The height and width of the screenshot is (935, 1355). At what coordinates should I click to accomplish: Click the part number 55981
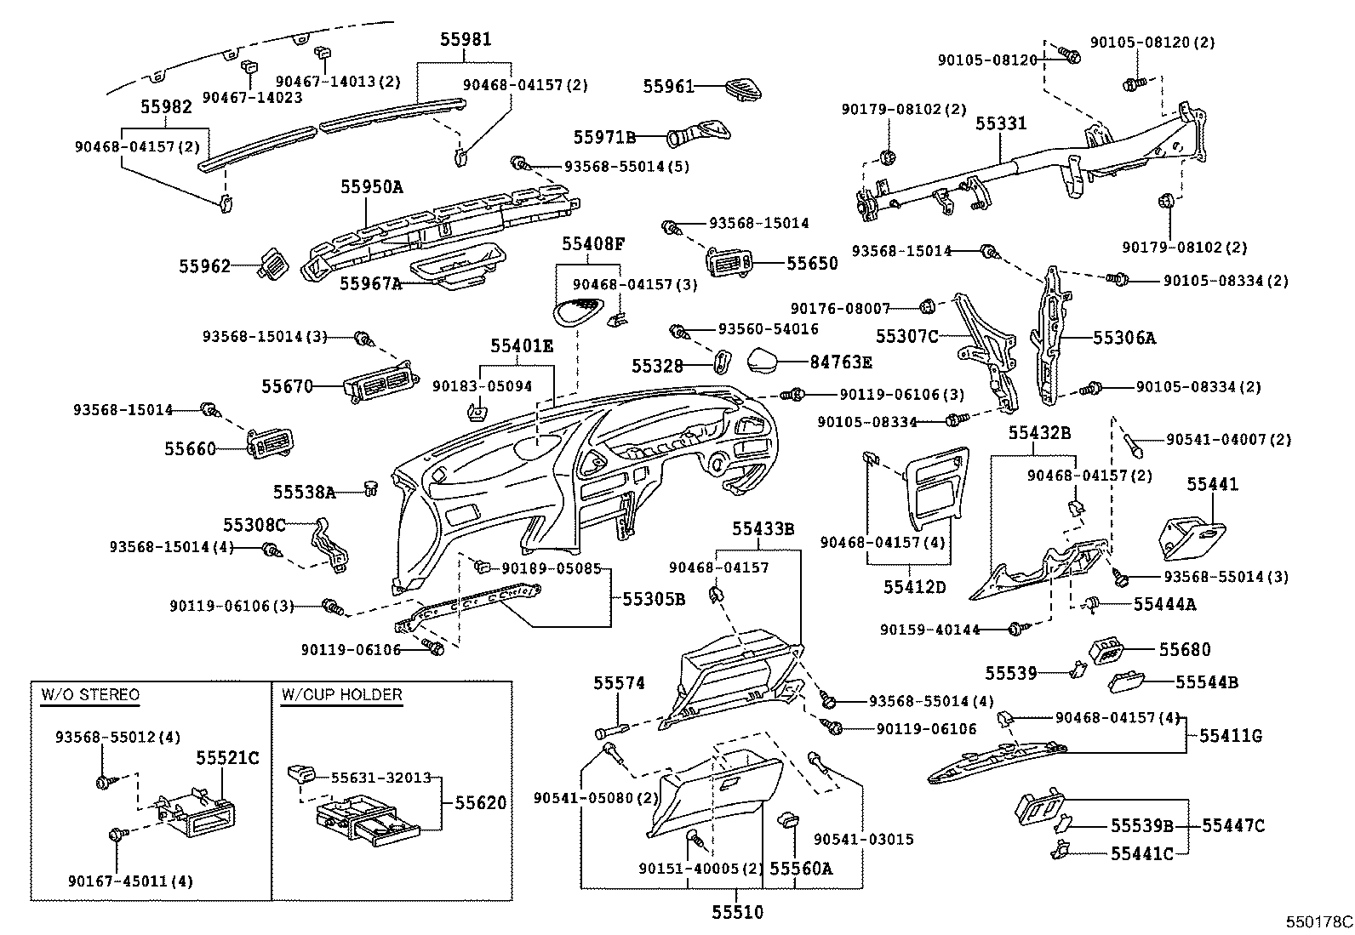[466, 40]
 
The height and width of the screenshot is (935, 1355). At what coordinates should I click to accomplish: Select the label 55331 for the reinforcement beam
[1001, 123]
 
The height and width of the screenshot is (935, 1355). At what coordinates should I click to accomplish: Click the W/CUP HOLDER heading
[341, 695]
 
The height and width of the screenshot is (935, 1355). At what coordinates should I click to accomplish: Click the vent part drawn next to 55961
[742, 88]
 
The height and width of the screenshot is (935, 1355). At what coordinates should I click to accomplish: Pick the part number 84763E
[841, 362]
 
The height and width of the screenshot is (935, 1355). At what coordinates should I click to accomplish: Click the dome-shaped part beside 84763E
[769, 361]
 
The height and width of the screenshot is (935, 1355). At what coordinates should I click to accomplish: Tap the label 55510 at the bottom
[738, 912]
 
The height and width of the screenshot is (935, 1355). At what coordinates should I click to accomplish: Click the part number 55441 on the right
[1213, 485]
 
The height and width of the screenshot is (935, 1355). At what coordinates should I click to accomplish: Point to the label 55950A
[372, 187]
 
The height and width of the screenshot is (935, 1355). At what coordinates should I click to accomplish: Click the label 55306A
[1124, 338]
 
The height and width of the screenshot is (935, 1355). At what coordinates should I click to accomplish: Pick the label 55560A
[801, 869]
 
